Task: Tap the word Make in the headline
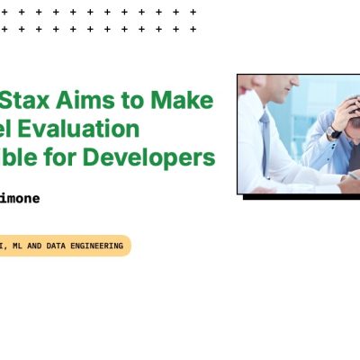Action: click(187, 101)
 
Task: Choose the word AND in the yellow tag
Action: click(32, 246)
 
